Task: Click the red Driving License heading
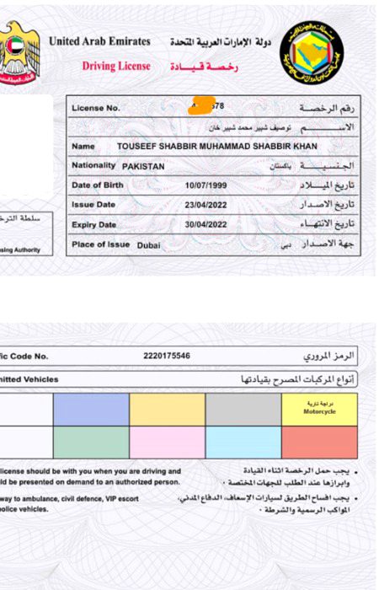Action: [x=116, y=66]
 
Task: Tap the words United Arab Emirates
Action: [x=99, y=41]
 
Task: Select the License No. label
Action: [x=96, y=108]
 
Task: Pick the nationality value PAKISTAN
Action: [x=144, y=167]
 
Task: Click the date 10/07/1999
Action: [x=206, y=185]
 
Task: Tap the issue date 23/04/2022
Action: [x=206, y=205]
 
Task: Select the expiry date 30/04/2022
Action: [x=206, y=225]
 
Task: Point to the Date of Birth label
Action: [x=98, y=185]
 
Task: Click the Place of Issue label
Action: [x=101, y=244]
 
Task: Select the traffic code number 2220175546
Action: [x=167, y=357]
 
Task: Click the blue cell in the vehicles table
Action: [x=91, y=410]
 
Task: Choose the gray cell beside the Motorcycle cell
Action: [x=243, y=410]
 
